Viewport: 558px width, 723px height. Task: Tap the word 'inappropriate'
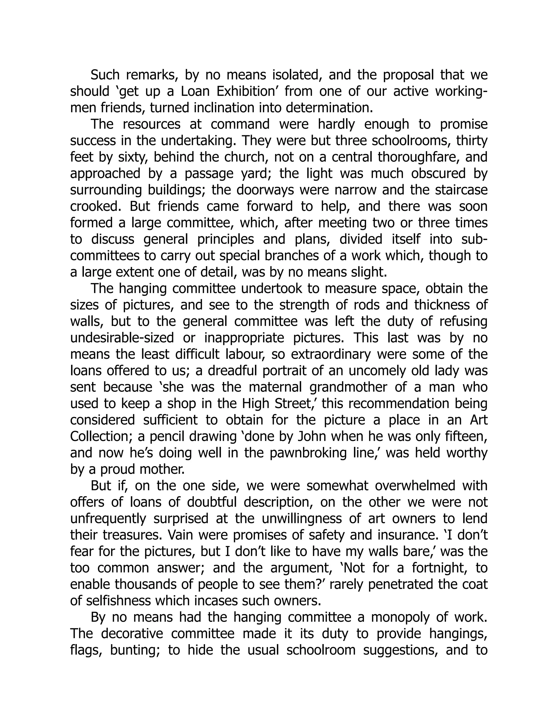pos(244,338)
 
